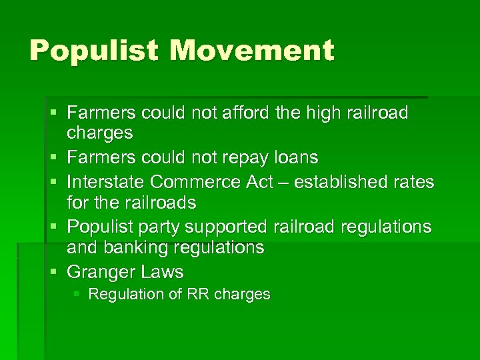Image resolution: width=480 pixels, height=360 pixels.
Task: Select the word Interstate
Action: click(105, 181)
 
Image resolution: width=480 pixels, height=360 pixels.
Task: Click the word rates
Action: click(414, 181)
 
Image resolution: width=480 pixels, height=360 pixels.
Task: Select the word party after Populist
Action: click(158, 227)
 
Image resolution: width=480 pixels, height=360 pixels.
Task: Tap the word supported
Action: click(226, 227)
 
